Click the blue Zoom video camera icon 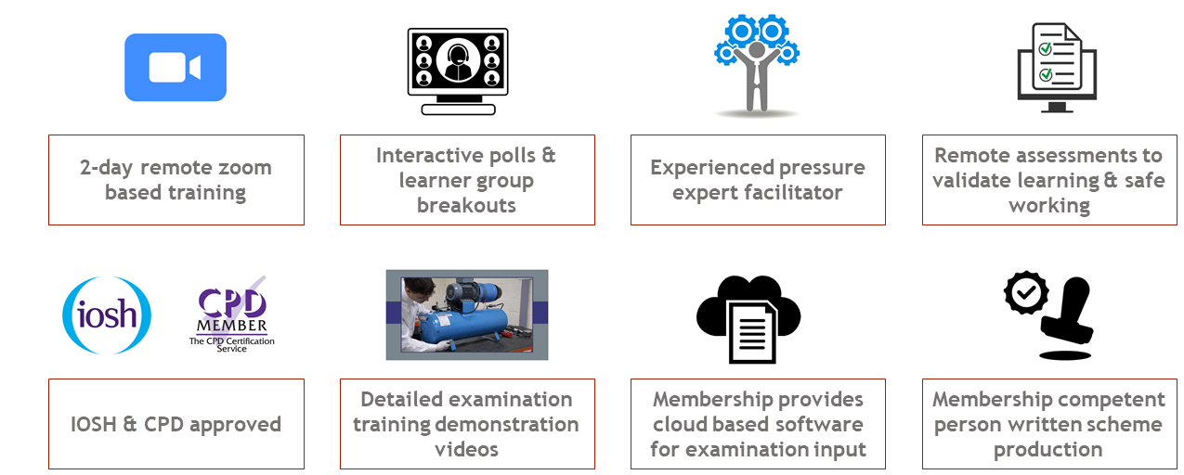coord(176,68)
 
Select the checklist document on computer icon coord(1057,67)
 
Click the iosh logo coord(107,315)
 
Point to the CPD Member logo coord(232,314)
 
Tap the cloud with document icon coord(748,319)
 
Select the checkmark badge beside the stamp coord(1026,292)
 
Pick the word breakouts coord(466,205)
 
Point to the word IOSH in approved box coord(93,424)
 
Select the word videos coord(466,450)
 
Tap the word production coord(1048,450)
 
